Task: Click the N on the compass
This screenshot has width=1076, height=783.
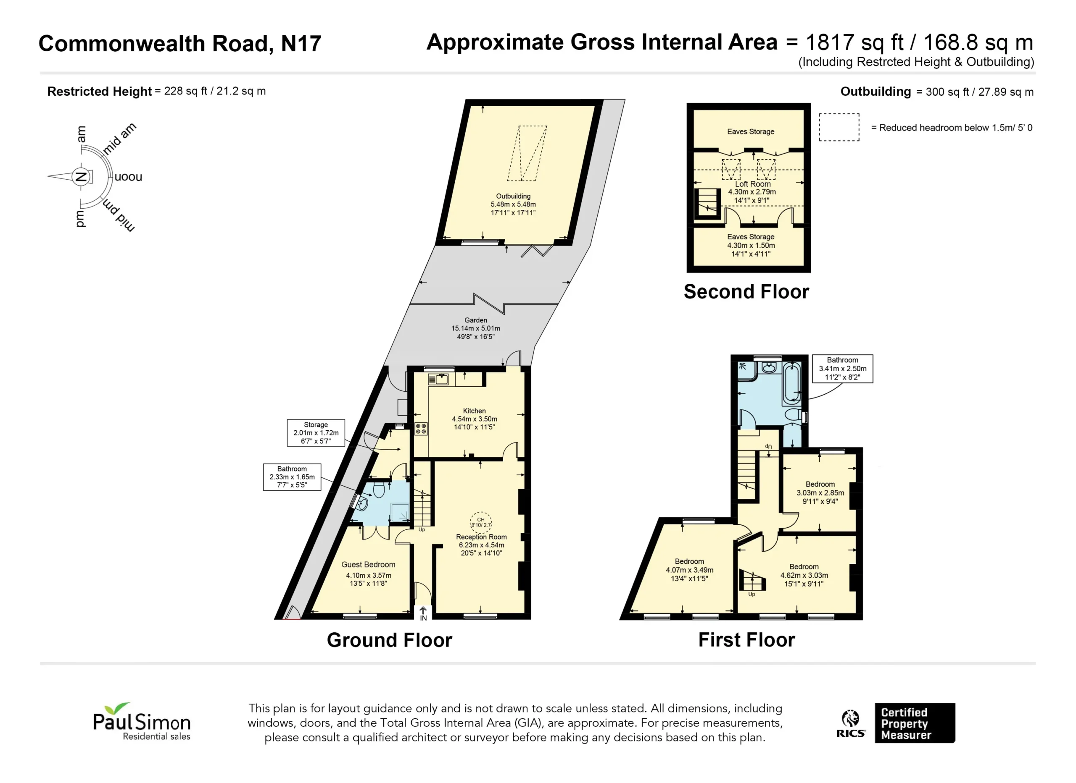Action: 81,177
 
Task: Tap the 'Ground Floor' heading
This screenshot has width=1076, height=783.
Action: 390,640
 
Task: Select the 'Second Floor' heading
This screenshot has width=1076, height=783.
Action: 746,291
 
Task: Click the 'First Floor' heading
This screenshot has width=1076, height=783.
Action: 746,640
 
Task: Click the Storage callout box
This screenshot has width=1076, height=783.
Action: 316,433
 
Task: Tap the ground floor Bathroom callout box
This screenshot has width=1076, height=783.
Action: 292,477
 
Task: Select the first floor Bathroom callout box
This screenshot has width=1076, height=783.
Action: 843,369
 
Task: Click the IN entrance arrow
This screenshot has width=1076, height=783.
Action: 423,613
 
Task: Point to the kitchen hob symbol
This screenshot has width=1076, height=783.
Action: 421,429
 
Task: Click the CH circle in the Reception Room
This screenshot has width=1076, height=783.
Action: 481,522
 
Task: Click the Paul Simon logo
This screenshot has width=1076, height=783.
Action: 142,721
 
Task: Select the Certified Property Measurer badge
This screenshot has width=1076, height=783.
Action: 915,723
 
